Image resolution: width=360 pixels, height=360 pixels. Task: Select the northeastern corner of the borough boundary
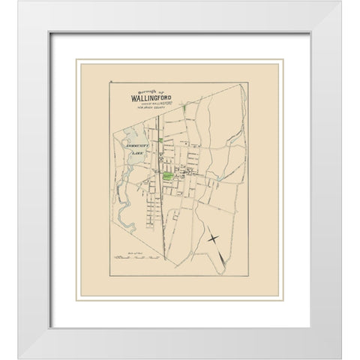(244, 85)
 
